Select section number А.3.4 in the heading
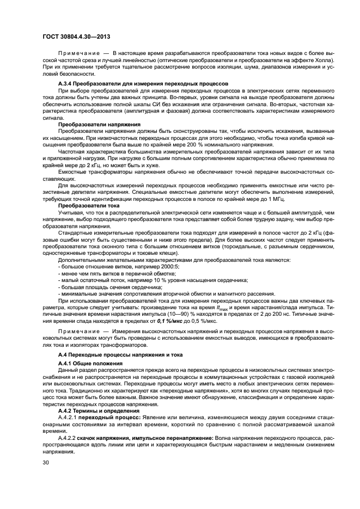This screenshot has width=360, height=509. point(66,83)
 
